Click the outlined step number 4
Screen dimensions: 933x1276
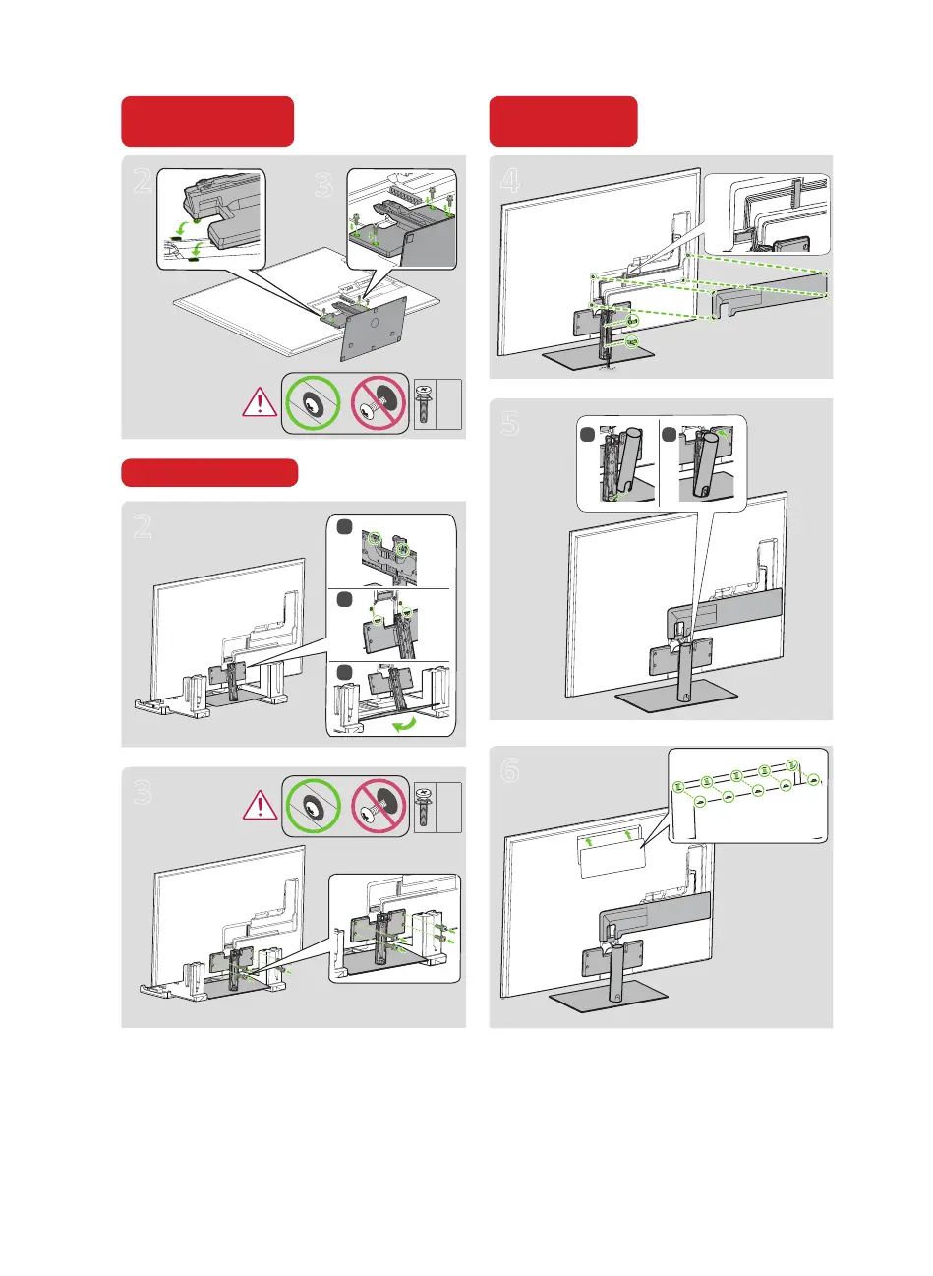pyautogui.click(x=510, y=180)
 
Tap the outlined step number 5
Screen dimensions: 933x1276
pyautogui.click(x=510, y=423)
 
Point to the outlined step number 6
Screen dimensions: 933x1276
pyautogui.click(x=509, y=769)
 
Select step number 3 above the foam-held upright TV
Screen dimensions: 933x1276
pyautogui.click(x=144, y=792)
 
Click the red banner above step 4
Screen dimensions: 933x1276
pyautogui.click(x=563, y=121)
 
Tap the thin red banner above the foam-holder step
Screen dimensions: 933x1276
pyautogui.click(x=208, y=472)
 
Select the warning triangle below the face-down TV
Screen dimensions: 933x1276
pyautogui.click(x=260, y=401)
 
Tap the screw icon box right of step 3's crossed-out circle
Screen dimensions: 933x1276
pyautogui.click(x=437, y=808)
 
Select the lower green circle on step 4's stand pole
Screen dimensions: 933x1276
pyautogui.click(x=631, y=343)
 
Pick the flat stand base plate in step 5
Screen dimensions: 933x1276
pyautogui.click(x=676, y=699)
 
